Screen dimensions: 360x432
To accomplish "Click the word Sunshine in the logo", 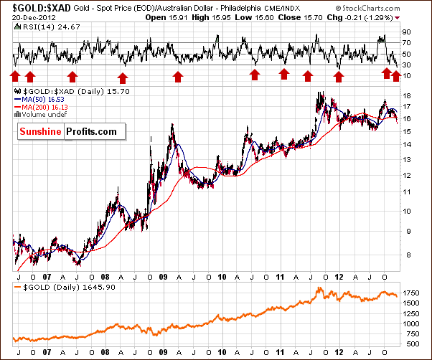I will (40, 131).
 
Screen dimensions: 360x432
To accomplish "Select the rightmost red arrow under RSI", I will (395, 75).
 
